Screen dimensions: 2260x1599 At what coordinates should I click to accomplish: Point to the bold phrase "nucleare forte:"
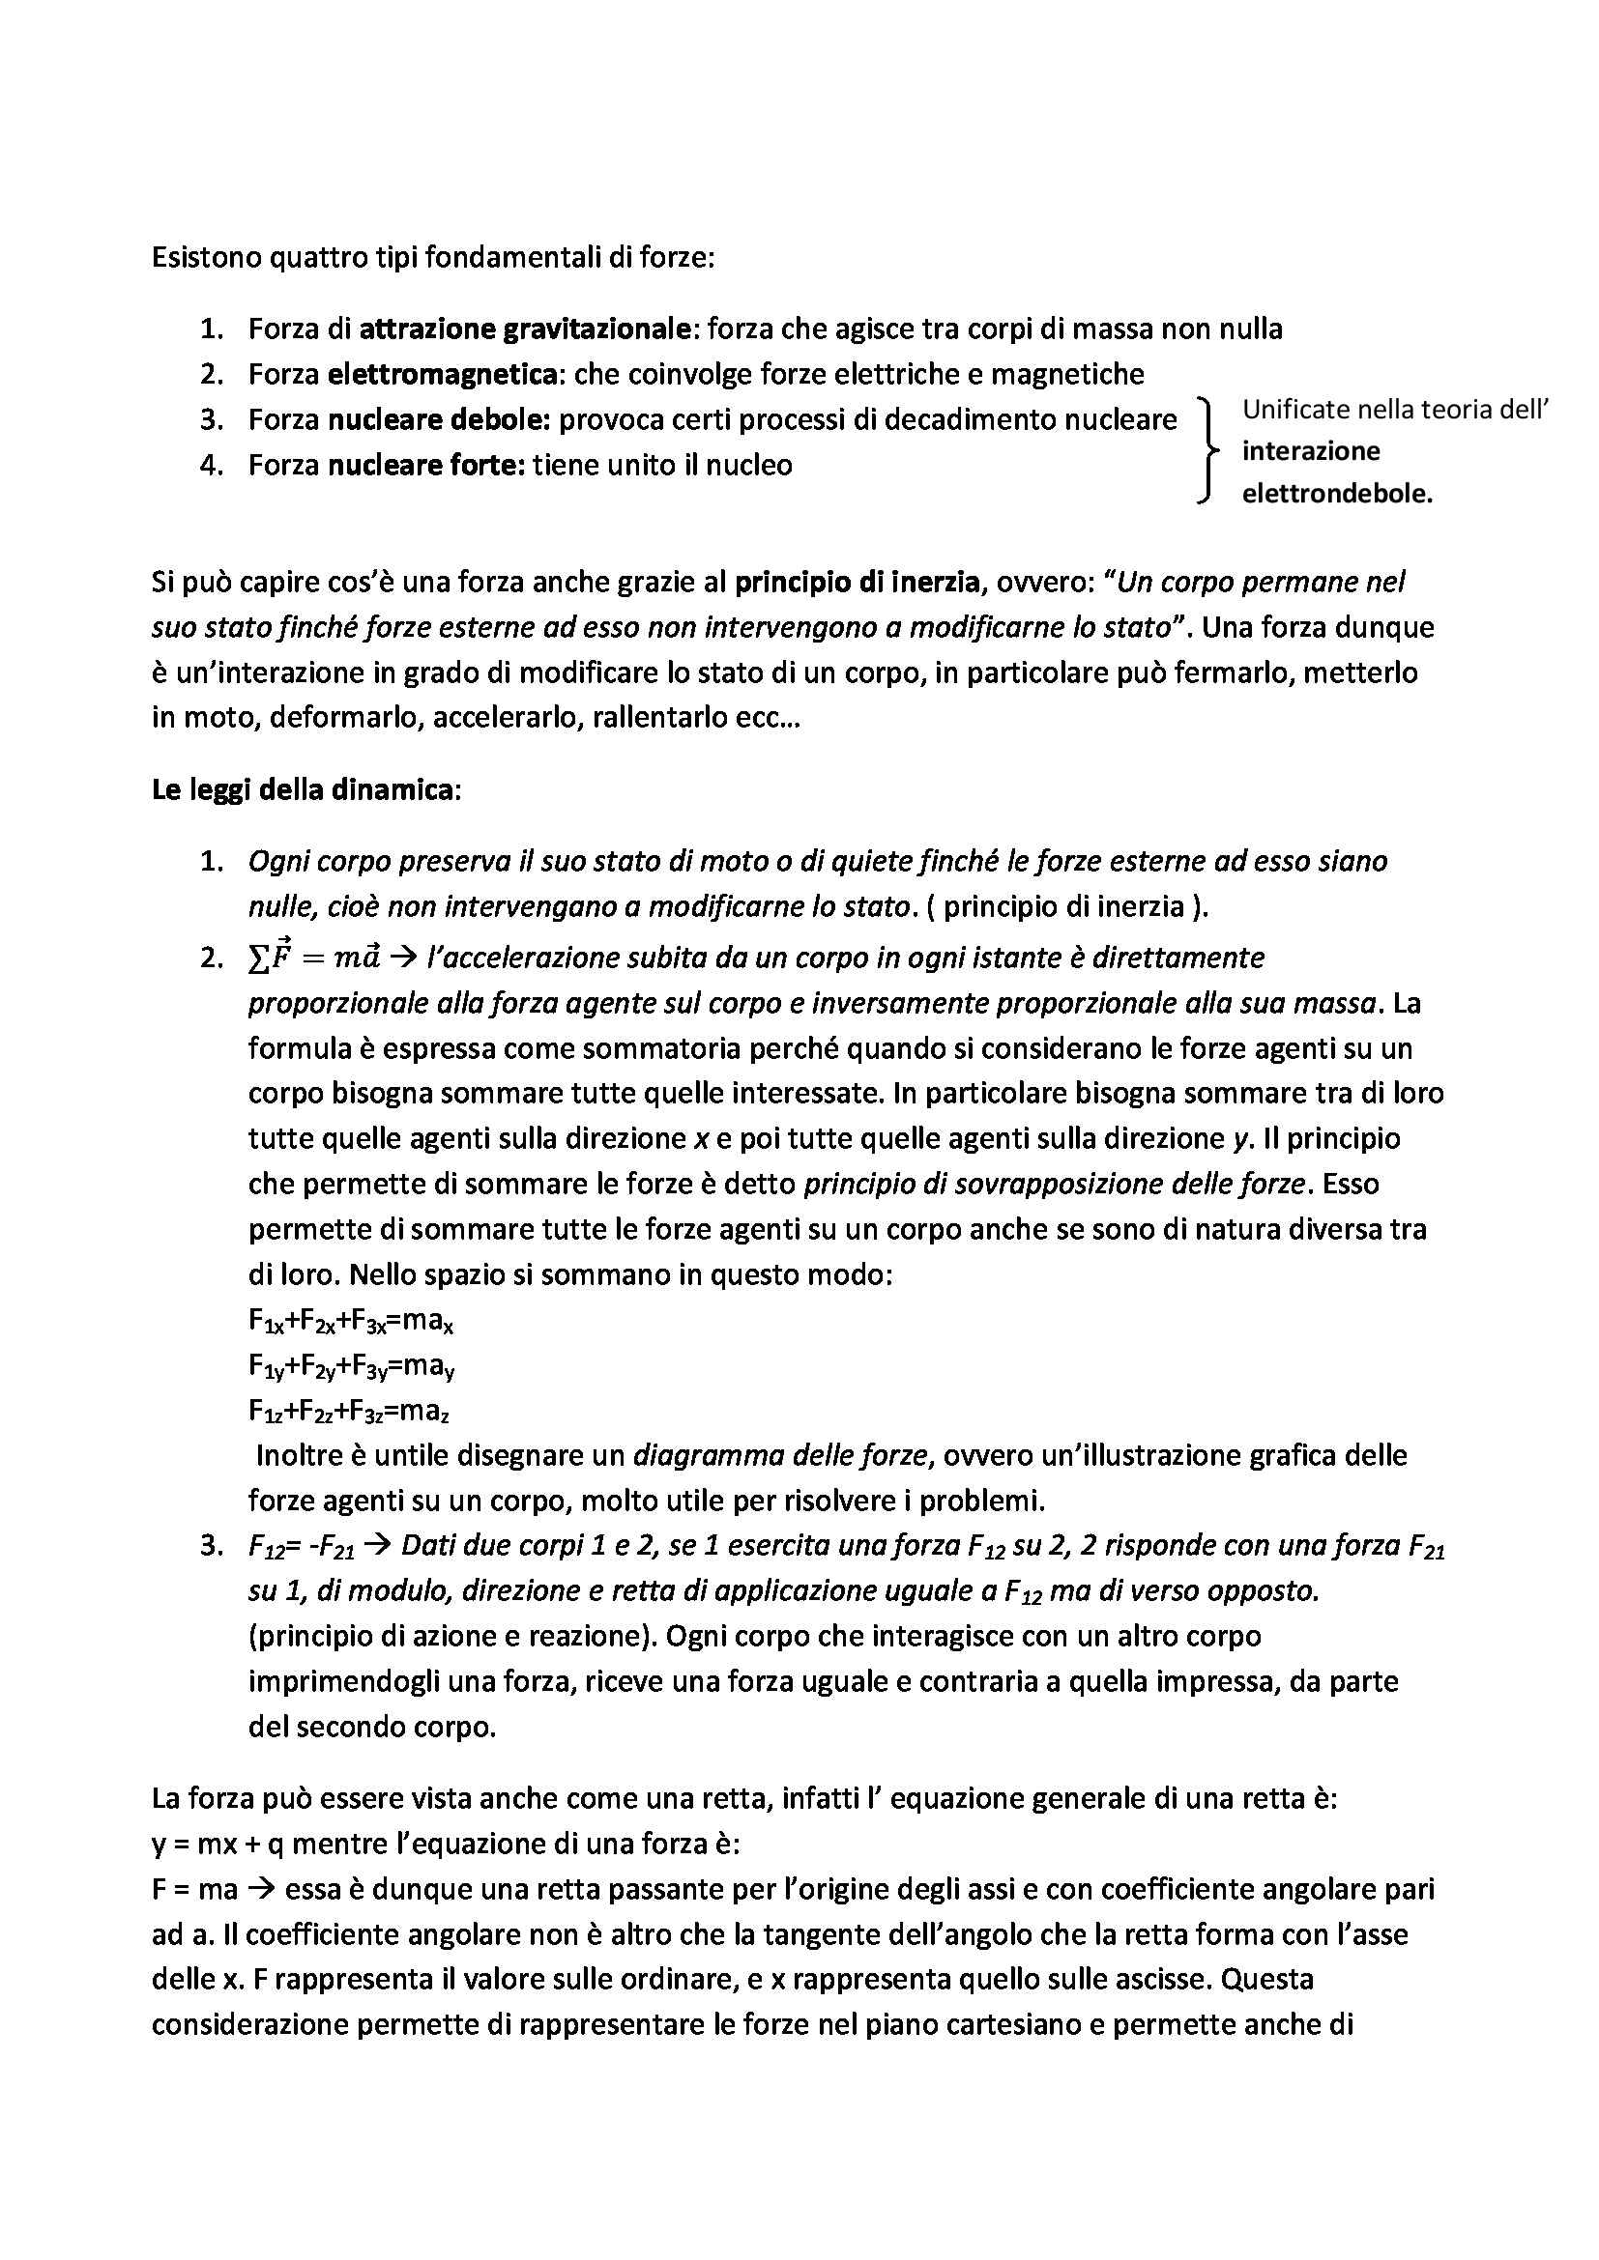(427, 465)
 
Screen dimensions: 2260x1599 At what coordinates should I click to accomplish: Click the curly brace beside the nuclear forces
(1207, 451)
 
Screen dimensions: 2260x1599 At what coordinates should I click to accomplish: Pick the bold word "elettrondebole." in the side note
(1337, 494)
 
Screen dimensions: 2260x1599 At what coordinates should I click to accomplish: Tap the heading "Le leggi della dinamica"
(304, 789)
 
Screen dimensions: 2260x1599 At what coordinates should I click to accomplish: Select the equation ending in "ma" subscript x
(351, 1322)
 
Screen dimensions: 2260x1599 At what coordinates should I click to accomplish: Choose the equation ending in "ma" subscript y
(351, 1367)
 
